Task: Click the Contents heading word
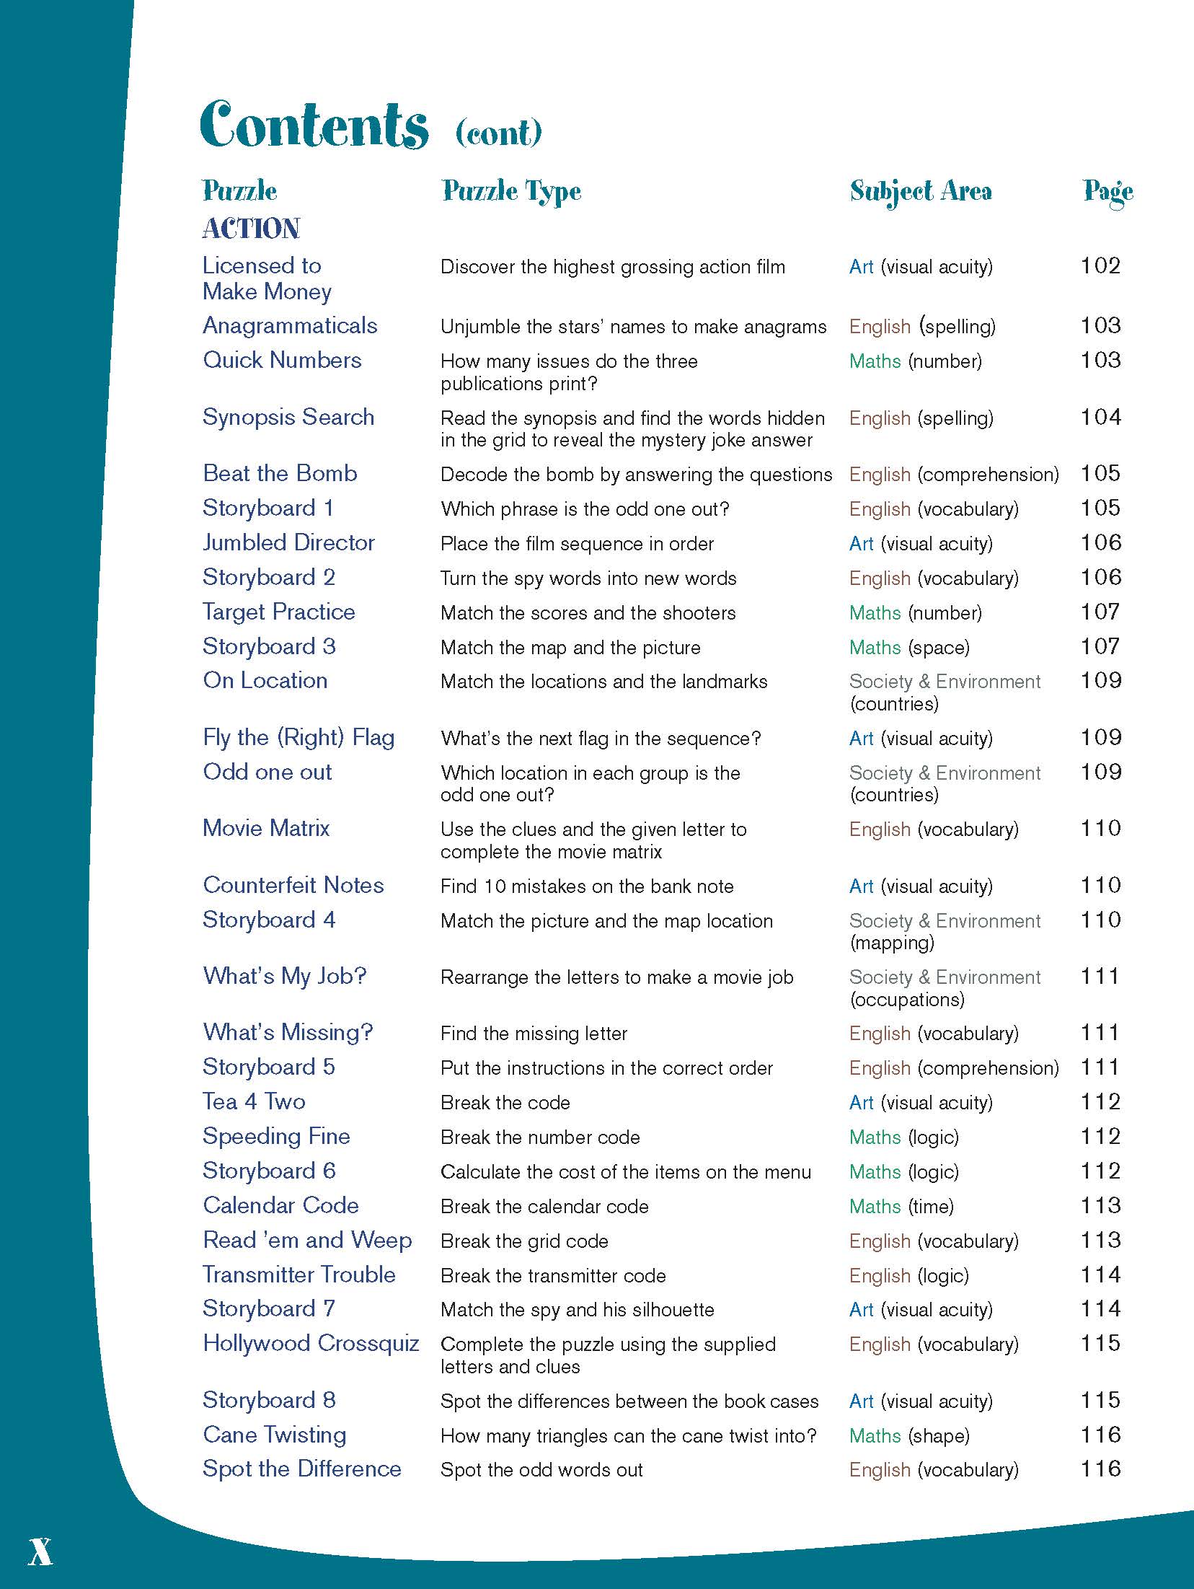click(314, 126)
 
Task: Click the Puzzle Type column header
click(511, 191)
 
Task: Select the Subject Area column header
click(921, 191)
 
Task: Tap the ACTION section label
click(251, 229)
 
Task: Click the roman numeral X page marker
click(40, 1551)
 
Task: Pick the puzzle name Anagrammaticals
click(290, 326)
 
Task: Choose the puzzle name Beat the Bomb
click(280, 474)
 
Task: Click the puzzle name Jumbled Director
click(288, 543)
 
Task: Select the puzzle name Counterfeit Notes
click(293, 886)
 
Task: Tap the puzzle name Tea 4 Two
click(254, 1102)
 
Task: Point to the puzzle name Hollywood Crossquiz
click(311, 1344)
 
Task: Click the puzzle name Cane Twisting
click(274, 1435)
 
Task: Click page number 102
click(1100, 266)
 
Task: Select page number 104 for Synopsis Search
click(1100, 418)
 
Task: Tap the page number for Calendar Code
click(1100, 1206)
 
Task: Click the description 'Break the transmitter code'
click(553, 1276)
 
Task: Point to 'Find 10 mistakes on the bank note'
click(587, 886)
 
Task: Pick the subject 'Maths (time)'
click(901, 1207)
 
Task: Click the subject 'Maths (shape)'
click(909, 1436)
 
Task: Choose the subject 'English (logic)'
click(908, 1276)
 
